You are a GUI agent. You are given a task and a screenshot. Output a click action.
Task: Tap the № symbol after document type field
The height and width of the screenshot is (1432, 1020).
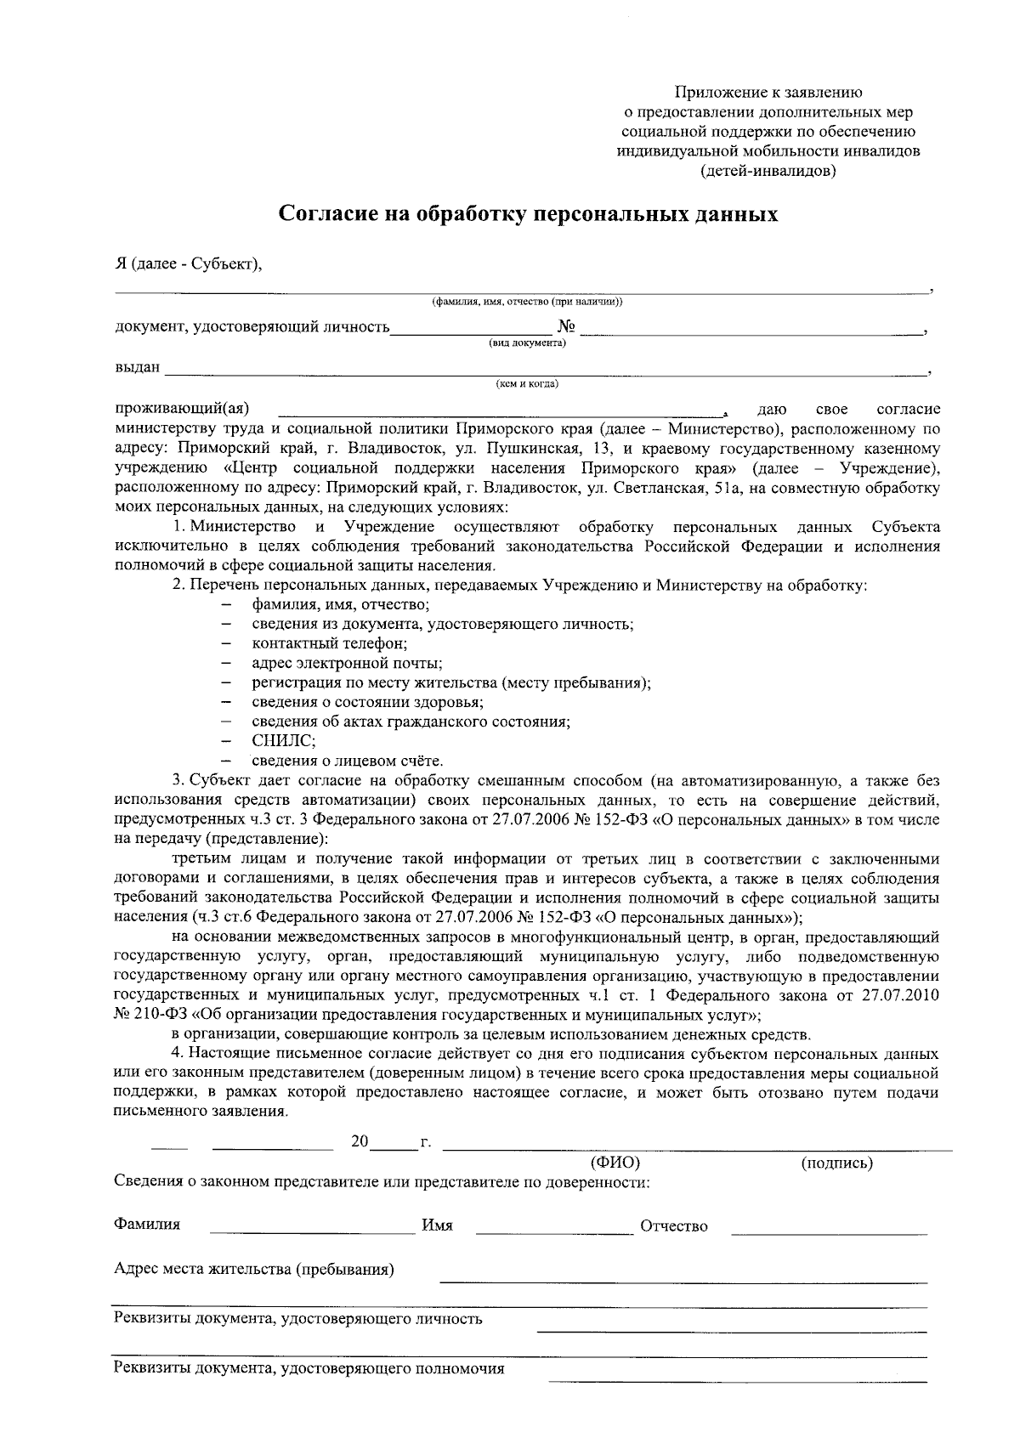[x=568, y=327]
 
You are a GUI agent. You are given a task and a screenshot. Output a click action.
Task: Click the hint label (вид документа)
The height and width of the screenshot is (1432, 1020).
[x=527, y=342]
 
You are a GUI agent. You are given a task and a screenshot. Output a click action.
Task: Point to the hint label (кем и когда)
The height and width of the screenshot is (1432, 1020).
[x=527, y=384]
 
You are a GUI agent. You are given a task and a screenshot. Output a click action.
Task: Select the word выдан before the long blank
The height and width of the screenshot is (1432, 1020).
[x=137, y=367]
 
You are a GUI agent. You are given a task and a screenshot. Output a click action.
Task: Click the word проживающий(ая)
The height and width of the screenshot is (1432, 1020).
[x=183, y=410]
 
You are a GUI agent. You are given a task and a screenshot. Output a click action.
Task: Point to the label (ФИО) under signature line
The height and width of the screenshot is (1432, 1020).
[x=615, y=1163]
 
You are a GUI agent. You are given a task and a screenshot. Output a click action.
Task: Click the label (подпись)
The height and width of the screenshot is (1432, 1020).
[x=837, y=1163]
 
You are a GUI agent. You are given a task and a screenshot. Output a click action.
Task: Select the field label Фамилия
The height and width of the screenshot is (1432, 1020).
[x=147, y=1225]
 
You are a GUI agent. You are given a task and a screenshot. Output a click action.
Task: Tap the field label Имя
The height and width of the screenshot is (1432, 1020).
[x=437, y=1225]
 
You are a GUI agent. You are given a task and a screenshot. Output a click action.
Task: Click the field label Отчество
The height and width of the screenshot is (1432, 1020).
[x=673, y=1226]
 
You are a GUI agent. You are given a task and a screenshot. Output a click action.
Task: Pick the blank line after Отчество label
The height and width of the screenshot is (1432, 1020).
[x=829, y=1231]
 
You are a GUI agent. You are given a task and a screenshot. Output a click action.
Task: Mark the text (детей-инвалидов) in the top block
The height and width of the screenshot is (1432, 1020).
[x=768, y=171]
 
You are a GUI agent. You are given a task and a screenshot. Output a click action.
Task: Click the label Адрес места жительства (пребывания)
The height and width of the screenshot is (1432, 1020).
[x=254, y=1270]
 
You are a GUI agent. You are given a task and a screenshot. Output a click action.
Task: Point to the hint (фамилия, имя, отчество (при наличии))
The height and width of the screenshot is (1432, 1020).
[x=527, y=302]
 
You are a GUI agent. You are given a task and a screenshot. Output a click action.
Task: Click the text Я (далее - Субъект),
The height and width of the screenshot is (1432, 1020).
[x=189, y=263]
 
